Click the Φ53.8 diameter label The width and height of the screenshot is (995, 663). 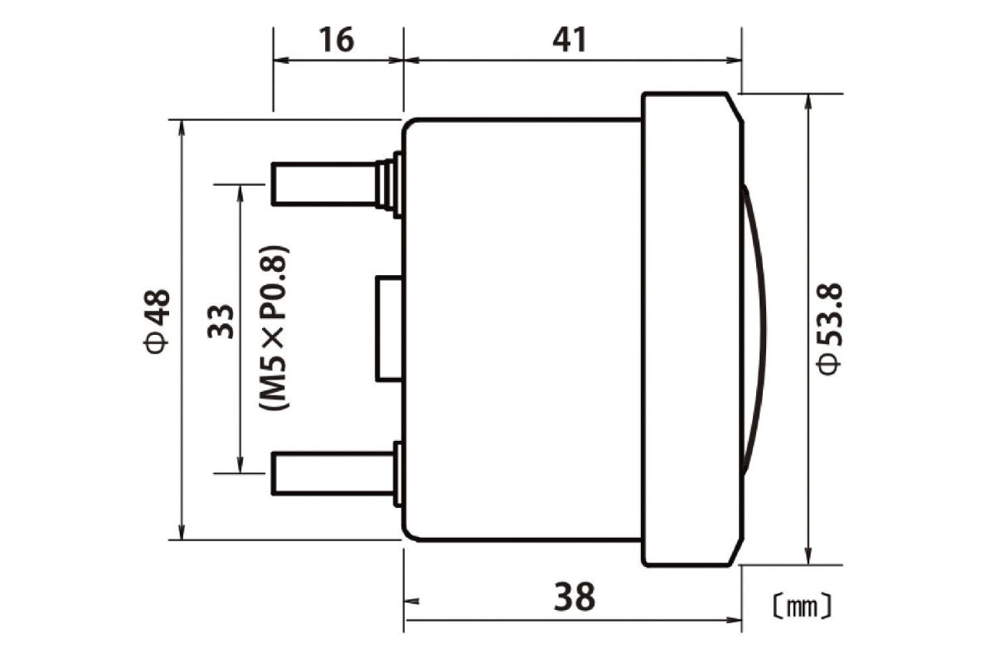click(x=830, y=329)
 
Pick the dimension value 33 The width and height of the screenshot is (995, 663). click(x=221, y=318)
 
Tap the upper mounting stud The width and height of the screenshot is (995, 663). click(x=323, y=183)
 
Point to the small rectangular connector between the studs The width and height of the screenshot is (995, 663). click(x=390, y=328)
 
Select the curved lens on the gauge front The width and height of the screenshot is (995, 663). click(x=755, y=328)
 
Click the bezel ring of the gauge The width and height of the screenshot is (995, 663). click(x=690, y=329)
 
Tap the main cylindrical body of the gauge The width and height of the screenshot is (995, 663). click(x=522, y=329)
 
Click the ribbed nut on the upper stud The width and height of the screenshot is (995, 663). click(x=386, y=183)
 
